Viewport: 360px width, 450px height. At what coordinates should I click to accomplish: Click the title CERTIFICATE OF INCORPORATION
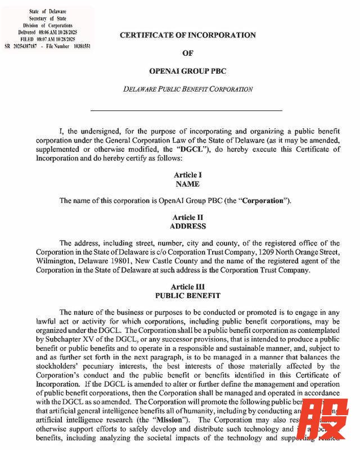[187, 35]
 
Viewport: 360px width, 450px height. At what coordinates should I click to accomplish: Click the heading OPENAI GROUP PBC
[187, 71]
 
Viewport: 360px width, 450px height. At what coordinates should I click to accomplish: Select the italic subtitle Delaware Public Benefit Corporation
[187, 89]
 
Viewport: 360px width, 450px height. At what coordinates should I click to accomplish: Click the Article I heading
[187, 175]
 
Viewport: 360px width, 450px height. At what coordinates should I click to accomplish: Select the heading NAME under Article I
[187, 184]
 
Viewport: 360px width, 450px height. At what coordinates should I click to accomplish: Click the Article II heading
[187, 217]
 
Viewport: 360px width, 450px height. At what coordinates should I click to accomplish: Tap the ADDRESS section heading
[187, 226]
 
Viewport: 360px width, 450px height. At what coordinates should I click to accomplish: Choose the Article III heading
[187, 286]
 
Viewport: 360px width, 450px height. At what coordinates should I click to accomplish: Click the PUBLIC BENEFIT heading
[187, 295]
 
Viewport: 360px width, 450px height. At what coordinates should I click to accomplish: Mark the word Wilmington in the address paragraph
[56, 261]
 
